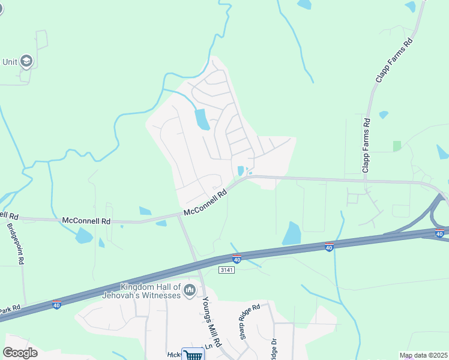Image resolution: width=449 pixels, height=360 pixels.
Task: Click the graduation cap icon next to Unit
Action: point(26,61)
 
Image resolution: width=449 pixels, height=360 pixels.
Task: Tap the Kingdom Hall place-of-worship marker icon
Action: point(190,291)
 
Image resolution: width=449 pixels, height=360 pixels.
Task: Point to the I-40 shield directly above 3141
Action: point(237,259)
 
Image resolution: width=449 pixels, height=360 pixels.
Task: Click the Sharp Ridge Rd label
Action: point(250,322)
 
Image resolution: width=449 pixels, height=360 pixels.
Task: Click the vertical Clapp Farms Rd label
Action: point(366,146)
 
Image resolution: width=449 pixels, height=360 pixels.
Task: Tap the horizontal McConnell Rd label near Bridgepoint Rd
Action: point(86,221)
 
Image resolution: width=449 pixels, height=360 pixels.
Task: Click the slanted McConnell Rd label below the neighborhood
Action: point(206,203)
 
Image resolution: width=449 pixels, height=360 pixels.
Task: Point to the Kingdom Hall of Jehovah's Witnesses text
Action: point(150,291)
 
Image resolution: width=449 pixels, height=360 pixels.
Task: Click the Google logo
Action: point(20,353)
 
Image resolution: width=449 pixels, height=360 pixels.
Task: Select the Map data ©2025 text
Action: point(423,355)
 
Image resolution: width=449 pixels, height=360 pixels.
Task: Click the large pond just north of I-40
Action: point(291,233)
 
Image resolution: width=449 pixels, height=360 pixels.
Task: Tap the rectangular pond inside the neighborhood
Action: point(202,119)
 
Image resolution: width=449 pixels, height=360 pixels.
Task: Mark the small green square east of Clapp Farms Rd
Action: point(396,146)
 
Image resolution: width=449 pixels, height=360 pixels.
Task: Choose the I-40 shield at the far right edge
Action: point(439,233)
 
